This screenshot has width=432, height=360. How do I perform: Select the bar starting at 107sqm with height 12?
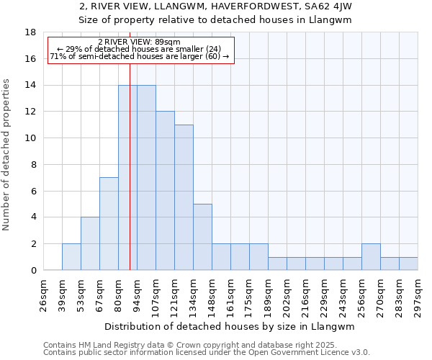point(165,191)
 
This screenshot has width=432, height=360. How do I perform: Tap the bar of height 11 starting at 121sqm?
point(184,197)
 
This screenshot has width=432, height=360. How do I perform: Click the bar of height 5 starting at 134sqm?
point(202,237)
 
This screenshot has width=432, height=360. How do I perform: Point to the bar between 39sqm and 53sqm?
point(71,257)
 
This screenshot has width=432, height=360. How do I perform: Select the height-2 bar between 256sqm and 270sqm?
point(371,257)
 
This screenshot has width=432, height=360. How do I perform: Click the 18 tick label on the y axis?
point(31,32)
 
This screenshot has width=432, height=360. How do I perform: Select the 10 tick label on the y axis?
point(31,138)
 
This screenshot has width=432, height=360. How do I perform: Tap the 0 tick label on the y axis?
point(34,271)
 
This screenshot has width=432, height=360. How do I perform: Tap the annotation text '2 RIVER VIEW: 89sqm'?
point(140,42)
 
